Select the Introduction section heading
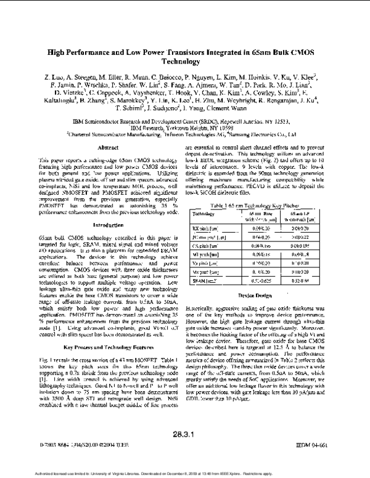[91, 225]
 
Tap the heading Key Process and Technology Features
[92, 347]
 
